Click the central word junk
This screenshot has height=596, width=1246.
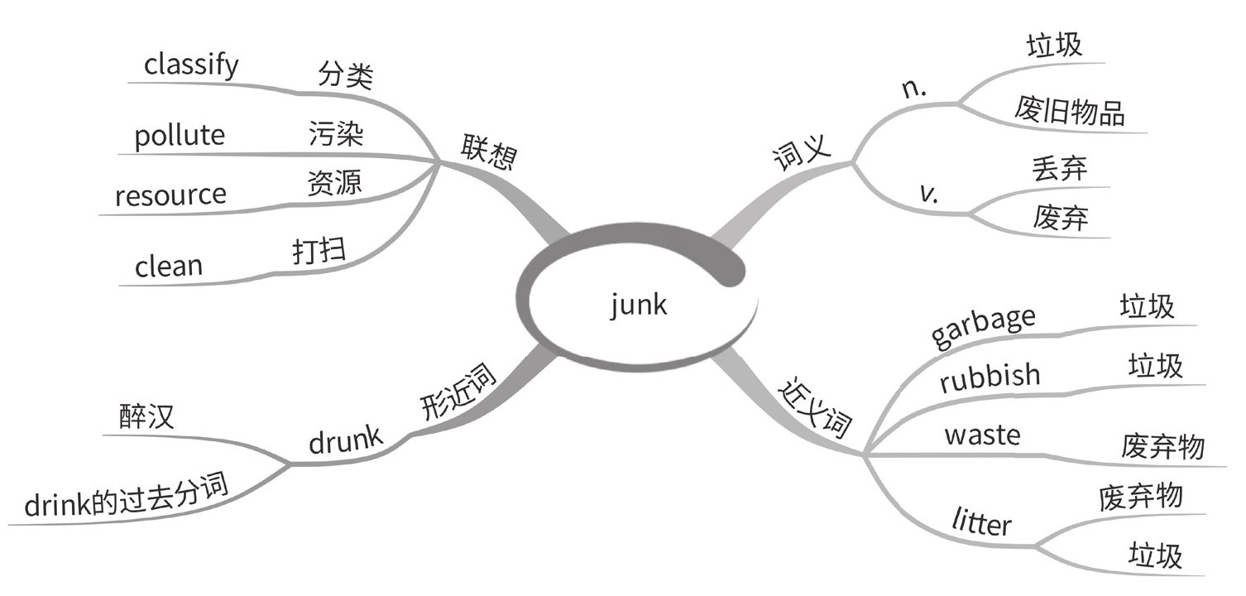tap(638, 306)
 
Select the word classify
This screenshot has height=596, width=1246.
tap(191, 65)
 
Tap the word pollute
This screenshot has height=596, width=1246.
tap(180, 136)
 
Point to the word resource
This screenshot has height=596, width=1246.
tap(170, 195)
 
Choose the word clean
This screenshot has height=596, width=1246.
tap(168, 267)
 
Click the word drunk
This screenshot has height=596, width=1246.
tap(346, 443)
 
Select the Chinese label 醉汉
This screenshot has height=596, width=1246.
tap(146, 416)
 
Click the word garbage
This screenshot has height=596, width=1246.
tap(983, 326)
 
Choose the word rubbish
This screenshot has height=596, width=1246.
tap(990, 377)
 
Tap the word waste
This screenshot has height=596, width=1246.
tap(982, 435)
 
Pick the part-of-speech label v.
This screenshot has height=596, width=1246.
tap(928, 194)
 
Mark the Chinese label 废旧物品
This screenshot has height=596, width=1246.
tap(1069, 111)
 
